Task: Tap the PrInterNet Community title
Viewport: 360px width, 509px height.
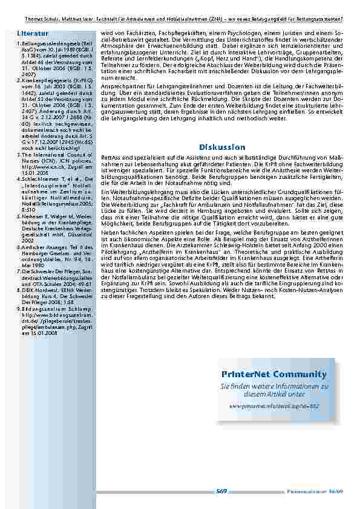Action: point(273,375)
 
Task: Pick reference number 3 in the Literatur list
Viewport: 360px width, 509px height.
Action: point(19,154)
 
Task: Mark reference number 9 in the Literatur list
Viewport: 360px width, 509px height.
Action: point(19,308)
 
